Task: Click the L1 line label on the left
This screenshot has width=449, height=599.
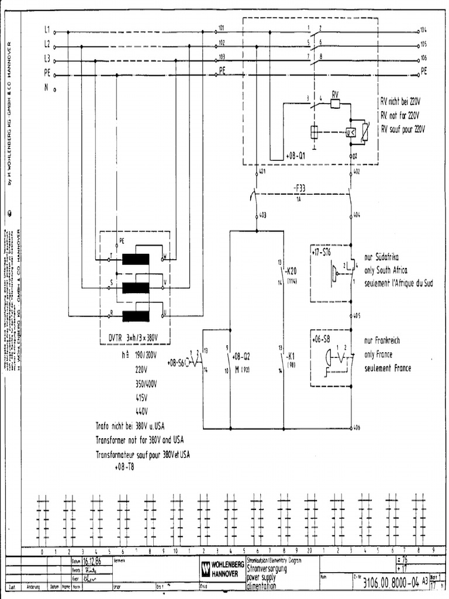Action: coord(47,28)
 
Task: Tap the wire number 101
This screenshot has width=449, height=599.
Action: coord(221,27)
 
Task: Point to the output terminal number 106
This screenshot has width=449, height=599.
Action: coord(423,58)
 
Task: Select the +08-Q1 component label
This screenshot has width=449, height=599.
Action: coord(296,157)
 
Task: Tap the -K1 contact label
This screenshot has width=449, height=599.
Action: coord(290,356)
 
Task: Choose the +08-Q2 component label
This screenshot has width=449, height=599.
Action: coord(241,356)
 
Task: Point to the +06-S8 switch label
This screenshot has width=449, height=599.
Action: coord(321,339)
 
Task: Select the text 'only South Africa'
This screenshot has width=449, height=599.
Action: coord(386,270)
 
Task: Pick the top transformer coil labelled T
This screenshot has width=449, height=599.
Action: coord(135,259)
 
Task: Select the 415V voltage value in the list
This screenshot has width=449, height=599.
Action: coord(141,397)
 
